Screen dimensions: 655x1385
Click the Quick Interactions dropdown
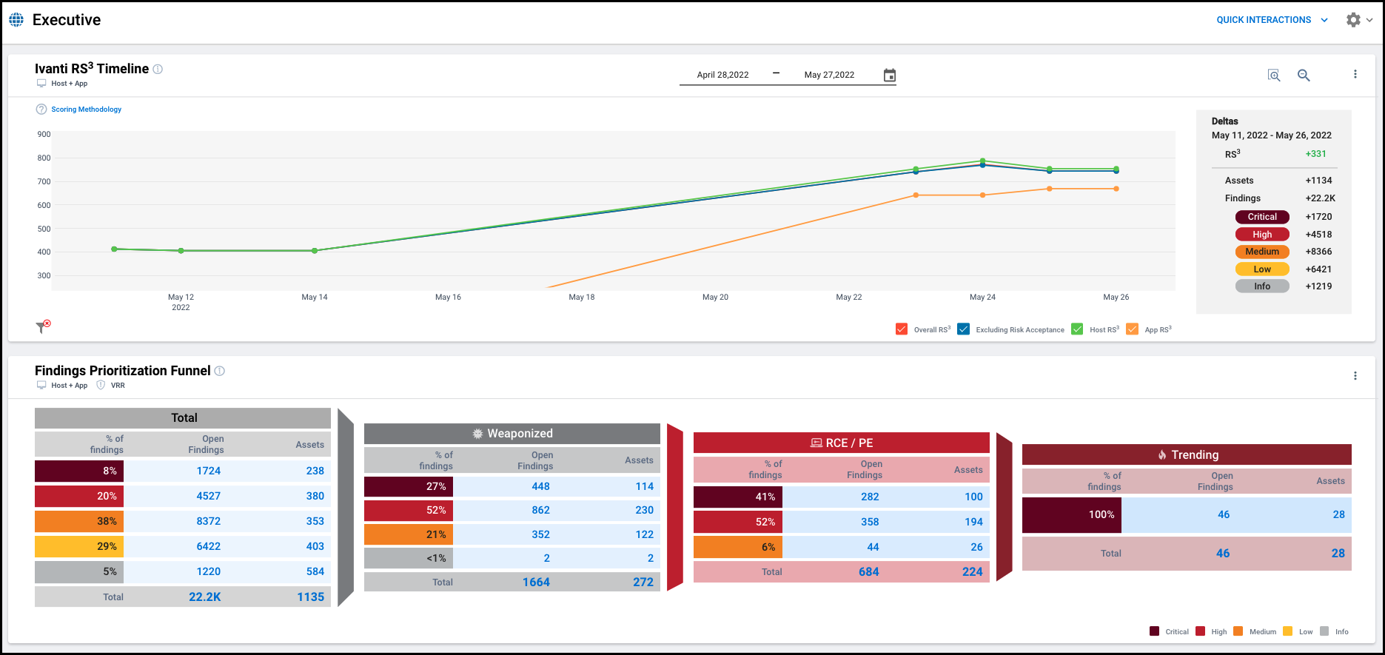point(1271,20)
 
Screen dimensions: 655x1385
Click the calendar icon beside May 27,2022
point(890,75)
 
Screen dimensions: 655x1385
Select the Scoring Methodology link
point(86,110)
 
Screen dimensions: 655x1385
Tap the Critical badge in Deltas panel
point(1262,217)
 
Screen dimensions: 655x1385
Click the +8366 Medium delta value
point(1318,252)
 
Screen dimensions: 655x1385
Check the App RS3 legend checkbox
point(1132,329)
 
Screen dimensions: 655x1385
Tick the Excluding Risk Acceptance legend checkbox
point(963,329)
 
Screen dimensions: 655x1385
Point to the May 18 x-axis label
point(581,297)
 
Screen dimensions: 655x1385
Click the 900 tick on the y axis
point(44,134)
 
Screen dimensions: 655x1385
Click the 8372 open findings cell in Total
point(208,521)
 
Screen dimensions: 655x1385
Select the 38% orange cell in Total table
point(79,521)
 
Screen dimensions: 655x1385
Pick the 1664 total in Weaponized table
point(536,582)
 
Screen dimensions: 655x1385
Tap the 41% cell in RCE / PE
point(738,497)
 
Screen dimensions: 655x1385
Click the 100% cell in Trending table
point(1071,514)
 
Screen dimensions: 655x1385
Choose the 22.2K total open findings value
point(204,597)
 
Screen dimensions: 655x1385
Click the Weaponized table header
point(512,434)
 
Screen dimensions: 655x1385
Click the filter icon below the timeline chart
point(42,327)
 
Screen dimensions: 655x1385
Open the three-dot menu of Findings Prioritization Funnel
point(1355,376)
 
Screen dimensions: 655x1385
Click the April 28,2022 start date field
point(722,75)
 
